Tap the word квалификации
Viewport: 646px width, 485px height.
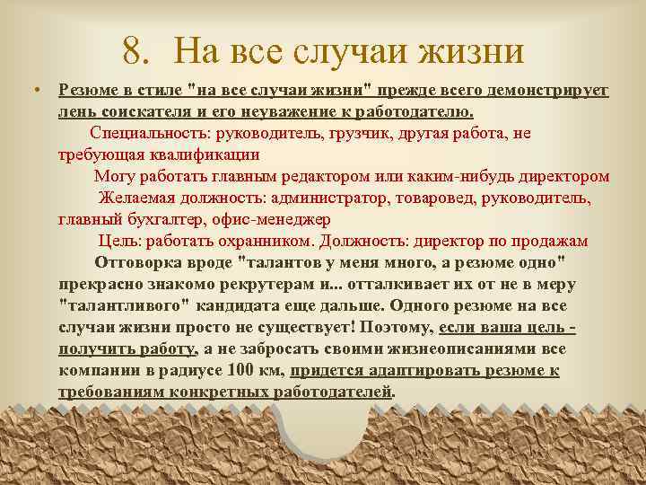pos(216,154)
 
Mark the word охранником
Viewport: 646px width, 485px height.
pos(260,240)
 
